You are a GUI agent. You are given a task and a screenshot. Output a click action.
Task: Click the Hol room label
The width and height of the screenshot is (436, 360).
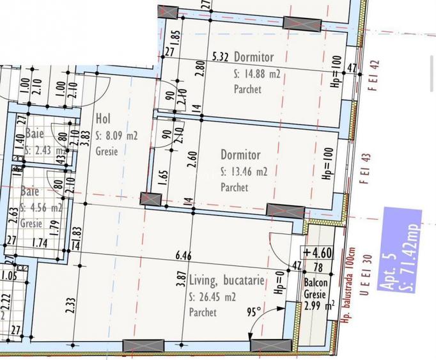[x=103, y=119]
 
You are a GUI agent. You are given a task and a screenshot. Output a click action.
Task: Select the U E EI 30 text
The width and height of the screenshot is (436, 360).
[x=366, y=276]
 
